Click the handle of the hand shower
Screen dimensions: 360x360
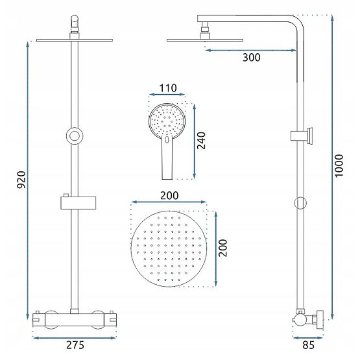pos(166,159)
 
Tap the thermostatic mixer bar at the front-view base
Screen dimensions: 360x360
pos(75,318)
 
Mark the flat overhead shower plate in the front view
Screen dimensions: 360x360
pos(75,40)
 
